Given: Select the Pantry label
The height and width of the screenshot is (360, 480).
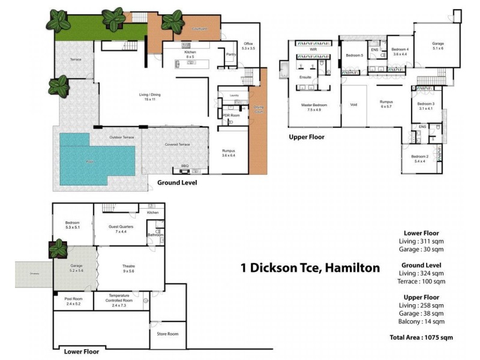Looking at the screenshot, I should [x=230, y=55].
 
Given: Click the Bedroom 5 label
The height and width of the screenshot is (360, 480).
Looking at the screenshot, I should [x=354, y=55].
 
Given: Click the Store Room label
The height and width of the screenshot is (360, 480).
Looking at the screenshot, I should [x=168, y=334].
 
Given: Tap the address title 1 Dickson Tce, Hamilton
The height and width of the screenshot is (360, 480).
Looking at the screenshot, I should [x=310, y=268].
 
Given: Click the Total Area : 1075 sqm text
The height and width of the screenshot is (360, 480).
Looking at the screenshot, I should [x=421, y=338].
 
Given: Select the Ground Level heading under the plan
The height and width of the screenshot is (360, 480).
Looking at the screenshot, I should [x=177, y=182].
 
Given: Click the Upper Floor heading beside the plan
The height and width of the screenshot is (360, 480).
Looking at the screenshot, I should [x=307, y=137].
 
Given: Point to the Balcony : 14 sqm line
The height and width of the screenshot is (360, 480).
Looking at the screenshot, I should [x=421, y=321].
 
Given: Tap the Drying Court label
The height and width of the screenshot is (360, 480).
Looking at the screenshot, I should [x=259, y=110].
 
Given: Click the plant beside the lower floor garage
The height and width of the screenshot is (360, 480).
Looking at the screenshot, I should [x=60, y=247].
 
